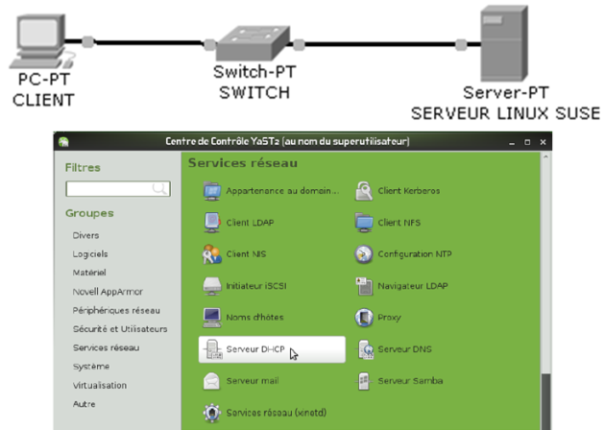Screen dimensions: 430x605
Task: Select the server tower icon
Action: coord(503,43)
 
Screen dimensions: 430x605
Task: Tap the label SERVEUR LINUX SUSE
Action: coord(505,112)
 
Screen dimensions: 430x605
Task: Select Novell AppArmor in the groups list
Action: coord(106,291)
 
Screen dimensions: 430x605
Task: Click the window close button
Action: coord(543,142)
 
